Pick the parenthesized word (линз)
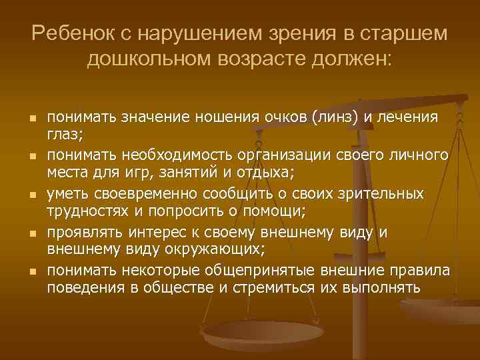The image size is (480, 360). pyautogui.click(x=331, y=117)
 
